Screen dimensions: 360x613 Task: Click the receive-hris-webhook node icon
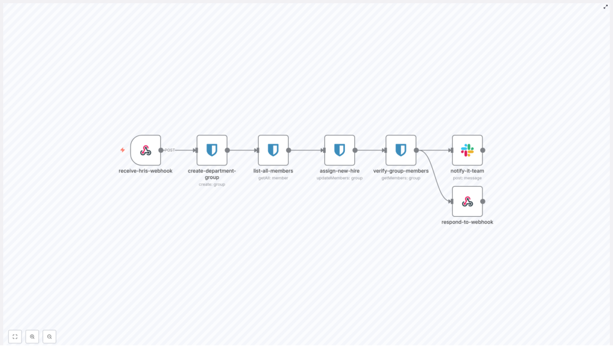click(x=145, y=150)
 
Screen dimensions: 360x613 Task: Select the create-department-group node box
click(x=212, y=150)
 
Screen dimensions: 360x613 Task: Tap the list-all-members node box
click(x=273, y=150)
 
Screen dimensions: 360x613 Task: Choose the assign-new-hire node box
click(x=339, y=150)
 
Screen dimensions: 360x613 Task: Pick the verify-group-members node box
click(x=401, y=150)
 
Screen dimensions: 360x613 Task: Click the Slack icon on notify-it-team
click(x=467, y=150)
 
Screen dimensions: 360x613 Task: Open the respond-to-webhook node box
click(x=467, y=201)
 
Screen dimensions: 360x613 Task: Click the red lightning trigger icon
click(x=123, y=150)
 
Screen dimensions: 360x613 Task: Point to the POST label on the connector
click(x=170, y=150)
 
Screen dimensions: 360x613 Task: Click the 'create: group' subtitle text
click(x=212, y=184)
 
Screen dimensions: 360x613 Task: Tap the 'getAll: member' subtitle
click(x=273, y=178)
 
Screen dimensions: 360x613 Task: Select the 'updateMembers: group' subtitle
click(x=339, y=178)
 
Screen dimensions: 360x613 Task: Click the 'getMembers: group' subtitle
click(x=401, y=178)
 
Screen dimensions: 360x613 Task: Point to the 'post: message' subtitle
click(x=467, y=178)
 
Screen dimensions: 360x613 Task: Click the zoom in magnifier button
click(x=32, y=337)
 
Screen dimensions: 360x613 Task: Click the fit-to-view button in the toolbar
click(x=15, y=337)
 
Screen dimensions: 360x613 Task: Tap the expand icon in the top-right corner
click(x=605, y=7)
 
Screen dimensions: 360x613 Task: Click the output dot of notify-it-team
click(x=482, y=150)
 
